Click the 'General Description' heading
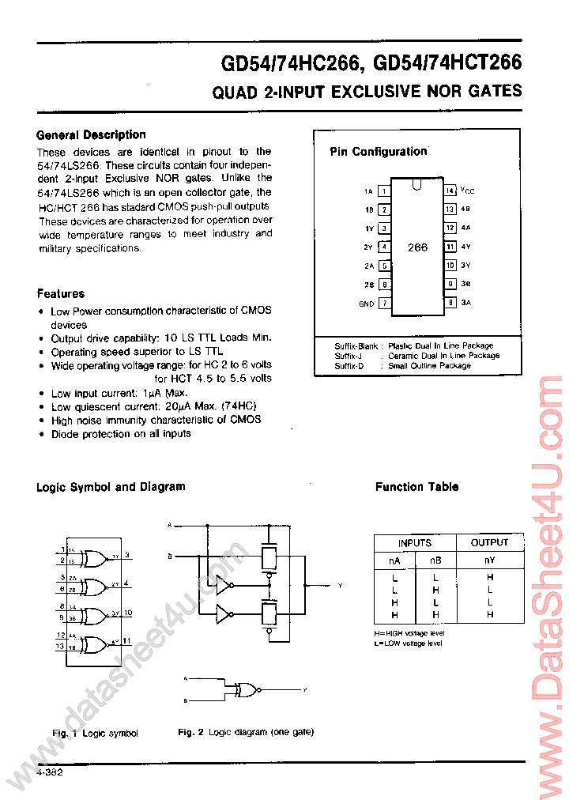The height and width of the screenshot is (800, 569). (91, 135)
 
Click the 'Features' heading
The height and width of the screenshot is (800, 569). (60, 294)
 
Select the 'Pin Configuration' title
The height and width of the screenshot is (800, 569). (378, 152)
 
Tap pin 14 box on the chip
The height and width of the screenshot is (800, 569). (449, 191)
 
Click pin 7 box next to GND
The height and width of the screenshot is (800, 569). (384, 303)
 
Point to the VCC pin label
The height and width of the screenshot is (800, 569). (468, 191)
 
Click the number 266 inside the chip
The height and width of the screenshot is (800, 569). (417, 247)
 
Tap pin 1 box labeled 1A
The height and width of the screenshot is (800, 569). (384, 191)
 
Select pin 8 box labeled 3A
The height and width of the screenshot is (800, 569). (449, 302)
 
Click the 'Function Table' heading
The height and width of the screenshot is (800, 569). (416, 487)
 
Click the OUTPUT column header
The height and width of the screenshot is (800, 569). (489, 543)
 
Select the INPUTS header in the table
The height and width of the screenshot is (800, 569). (414, 543)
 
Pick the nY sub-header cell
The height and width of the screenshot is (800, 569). (489, 560)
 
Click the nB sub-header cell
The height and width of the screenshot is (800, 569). (435, 560)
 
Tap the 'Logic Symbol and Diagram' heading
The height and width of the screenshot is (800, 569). (111, 487)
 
